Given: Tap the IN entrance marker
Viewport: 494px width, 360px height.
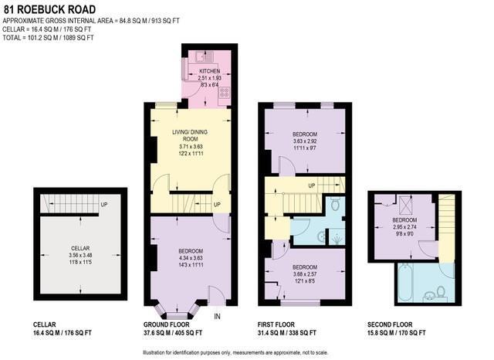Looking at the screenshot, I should (x=216, y=316).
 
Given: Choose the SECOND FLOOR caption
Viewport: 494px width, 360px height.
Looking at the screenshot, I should (x=391, y=324).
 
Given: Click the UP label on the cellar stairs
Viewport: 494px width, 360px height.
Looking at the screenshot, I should (x=103, y=205).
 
